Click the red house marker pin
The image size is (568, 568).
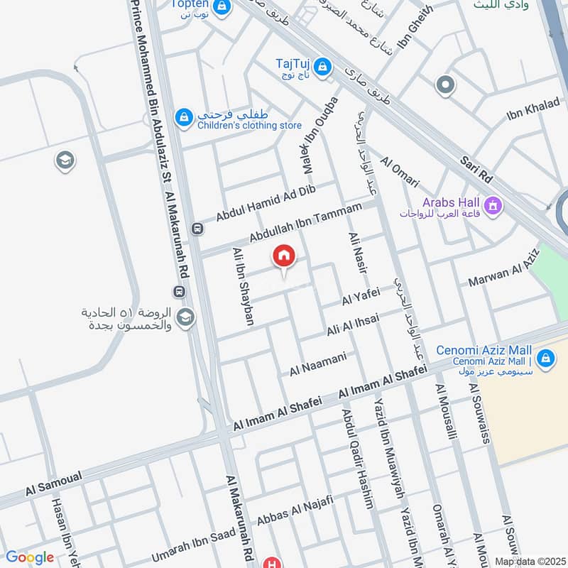(283, 256)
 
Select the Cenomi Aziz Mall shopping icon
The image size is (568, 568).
(545, 358)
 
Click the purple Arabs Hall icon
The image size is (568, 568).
(494, 206)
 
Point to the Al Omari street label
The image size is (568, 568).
(400, 173)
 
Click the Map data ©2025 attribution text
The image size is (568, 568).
(529, 562)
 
